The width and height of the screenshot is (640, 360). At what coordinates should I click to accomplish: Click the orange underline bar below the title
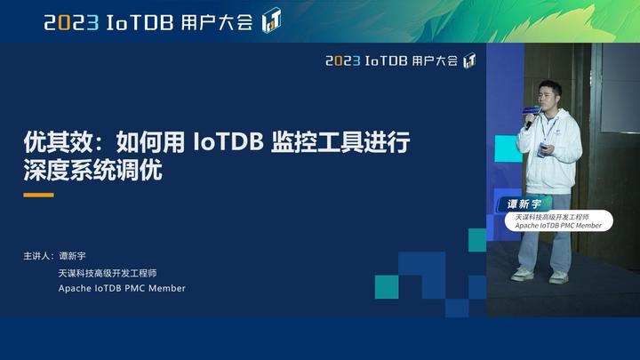click(x=38, y=195)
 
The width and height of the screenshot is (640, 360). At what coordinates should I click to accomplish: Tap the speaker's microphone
click(x=530, y=113)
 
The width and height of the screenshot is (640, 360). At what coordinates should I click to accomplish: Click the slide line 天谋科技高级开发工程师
click(x=107, y=272)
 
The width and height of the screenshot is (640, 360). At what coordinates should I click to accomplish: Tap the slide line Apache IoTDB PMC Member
click(x=123, y=288)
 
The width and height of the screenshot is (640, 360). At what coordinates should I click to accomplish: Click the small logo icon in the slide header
click(x=469, y=60)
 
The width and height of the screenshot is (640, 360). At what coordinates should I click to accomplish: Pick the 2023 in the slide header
click(x=342, y=61)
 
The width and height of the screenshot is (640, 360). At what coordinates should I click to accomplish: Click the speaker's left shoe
click(x=558, y=277)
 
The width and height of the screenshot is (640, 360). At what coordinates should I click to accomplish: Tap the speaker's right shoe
click(x=523, y=275)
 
